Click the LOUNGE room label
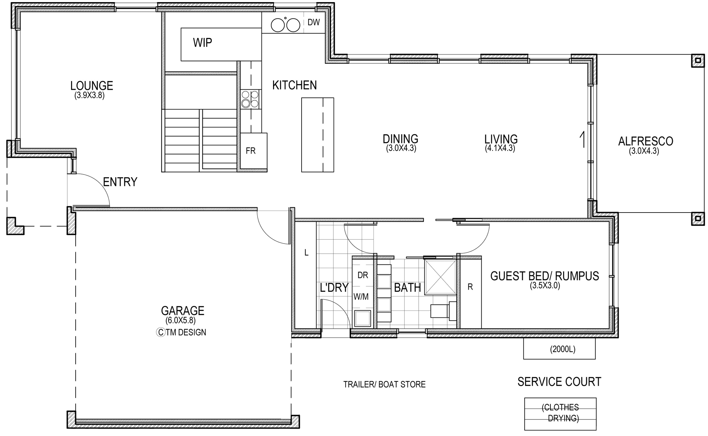(91, 86)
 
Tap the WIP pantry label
(202, 43)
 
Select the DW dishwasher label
(314, 22)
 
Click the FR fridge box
(253, 151)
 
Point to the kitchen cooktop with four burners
(250, 99)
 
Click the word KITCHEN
(295, 85)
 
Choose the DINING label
(400, 139)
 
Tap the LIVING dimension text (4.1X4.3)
(500, 148)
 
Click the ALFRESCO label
(646, 141)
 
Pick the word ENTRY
(120, 182)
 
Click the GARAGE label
(183, 311)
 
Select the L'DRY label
(334, 287)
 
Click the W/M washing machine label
(361, 297)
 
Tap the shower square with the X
(440, 277)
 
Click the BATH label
(407, 287)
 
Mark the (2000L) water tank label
(563, 349)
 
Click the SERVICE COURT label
(559, 381)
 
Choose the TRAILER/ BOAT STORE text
(384, 384)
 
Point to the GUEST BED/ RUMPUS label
(545, 276)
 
